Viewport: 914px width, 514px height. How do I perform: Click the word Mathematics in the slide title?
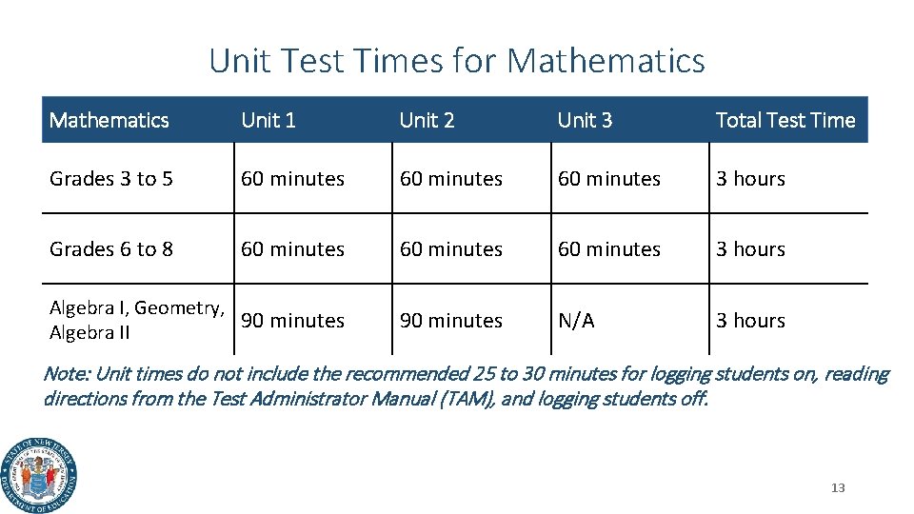[606, 61]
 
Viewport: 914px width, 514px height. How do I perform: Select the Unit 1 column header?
[268, 120]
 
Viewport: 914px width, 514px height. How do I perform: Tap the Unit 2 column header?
[427, 120]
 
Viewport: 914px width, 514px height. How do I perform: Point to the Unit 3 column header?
[585, 120]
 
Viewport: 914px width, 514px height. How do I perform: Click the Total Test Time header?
[785, 120]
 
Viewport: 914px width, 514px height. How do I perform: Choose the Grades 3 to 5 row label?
[111, 179]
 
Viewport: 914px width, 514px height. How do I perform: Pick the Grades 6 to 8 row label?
[111, 249]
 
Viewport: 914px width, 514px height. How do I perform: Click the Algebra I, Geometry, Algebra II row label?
[137, 320]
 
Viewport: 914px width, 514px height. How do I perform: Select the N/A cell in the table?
[576, 321]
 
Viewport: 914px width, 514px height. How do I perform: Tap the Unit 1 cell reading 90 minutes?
[293, 321]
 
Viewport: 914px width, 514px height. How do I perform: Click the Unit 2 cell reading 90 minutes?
[451, 321]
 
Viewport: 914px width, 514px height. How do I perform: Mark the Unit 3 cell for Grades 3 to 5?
[609, 179]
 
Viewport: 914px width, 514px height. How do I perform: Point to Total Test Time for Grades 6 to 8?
[751, 249]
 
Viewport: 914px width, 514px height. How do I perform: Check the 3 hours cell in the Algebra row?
[751, 321]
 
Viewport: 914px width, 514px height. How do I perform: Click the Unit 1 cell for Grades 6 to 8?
[293, 249]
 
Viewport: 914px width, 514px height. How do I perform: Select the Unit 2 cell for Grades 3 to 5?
[451, 179]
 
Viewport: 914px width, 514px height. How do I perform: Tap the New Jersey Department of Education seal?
[40, 476]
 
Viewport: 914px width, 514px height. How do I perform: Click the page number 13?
[838, 488]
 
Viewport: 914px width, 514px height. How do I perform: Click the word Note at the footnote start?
[66, 374]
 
